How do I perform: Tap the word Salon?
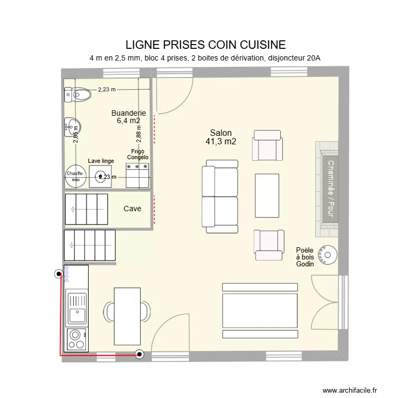(x=221, y=133)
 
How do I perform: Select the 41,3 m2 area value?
(x=221, y=142)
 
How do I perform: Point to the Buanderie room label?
(x=128, y=113)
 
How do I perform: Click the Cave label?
(x=132, y=209)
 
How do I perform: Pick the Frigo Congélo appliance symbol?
(x=137, y=175)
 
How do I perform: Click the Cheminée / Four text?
(x=330, y=188)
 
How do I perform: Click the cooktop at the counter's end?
(x=76, y=339)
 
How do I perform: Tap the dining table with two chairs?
(x=127, y=316)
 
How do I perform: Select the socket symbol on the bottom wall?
(x=140, y=354)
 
